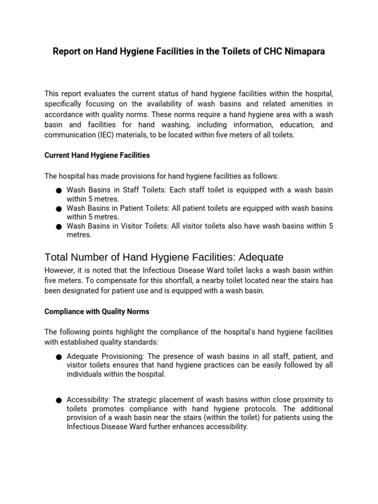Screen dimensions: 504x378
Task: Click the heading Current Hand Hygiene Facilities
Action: coord(97,155)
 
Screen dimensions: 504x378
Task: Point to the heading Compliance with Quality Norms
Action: coord(96,312)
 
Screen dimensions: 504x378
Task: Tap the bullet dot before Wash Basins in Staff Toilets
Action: coord(59,190)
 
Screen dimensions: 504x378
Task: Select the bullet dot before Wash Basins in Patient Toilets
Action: coord(59,209)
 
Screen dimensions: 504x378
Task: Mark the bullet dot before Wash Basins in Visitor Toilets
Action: coord(59,227)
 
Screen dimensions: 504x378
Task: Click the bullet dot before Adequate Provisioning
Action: coord(59,356)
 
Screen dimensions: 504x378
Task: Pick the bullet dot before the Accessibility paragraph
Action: coord(59,400)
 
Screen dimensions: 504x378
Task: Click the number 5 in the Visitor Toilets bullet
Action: coord(331,226)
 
